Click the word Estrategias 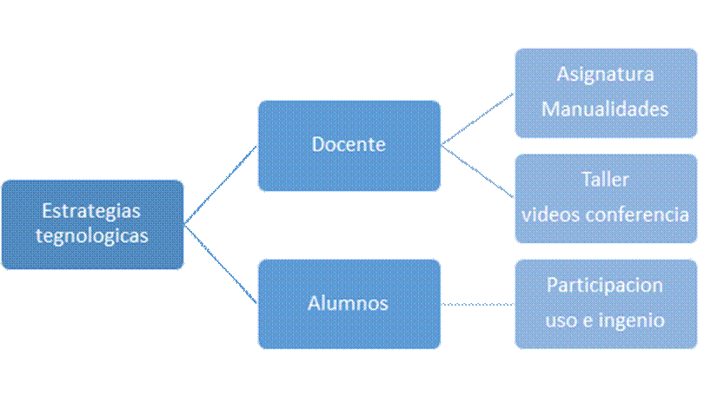click(92, 211)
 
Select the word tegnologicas click(92, 234)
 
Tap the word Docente click(348, 144)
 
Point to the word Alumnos click(348, 303)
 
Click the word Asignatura click(605, 75)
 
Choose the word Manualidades click(605, 109)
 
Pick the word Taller click(605, 180)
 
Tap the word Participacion click(605, 285)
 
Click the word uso click(560, 320)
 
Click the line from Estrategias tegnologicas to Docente click(221, 185)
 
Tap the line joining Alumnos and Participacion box click(477, 304)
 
